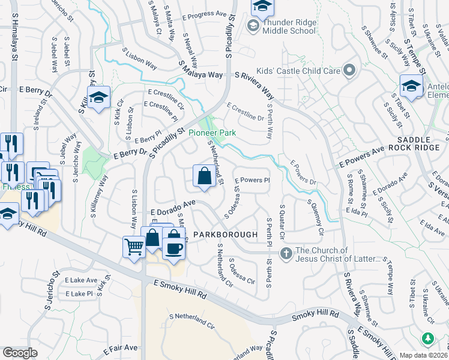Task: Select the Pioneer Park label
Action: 212,133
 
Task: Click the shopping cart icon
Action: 134,245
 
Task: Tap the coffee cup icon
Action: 174,248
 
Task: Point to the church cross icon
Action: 286,254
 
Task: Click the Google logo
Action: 20,353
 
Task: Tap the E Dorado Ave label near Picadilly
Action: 174,208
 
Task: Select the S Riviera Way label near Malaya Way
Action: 255,84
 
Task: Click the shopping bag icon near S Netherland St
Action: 204,176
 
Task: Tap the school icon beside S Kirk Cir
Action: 98,98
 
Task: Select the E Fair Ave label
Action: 121,349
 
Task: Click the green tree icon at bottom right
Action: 427,339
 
